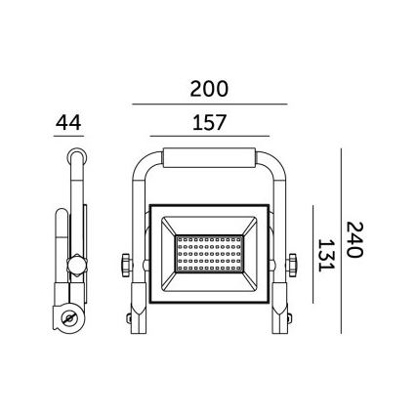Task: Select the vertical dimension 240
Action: (354, 238)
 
